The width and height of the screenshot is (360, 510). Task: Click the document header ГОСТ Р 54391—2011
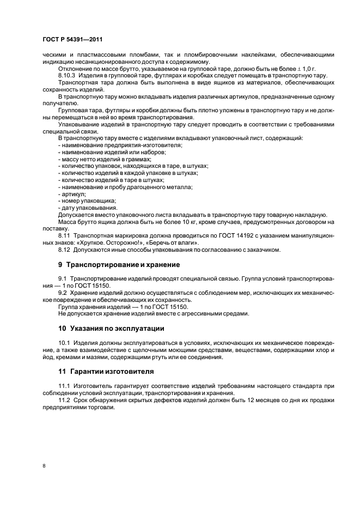click(72, 39)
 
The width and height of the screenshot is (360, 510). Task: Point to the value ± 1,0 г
click(306, 69)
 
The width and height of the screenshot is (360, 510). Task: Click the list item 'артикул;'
click(71, 193)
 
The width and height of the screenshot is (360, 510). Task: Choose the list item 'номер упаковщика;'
click(82, 201)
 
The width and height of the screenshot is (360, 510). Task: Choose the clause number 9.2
click(63, 293)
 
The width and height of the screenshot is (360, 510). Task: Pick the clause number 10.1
click(64, 343)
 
